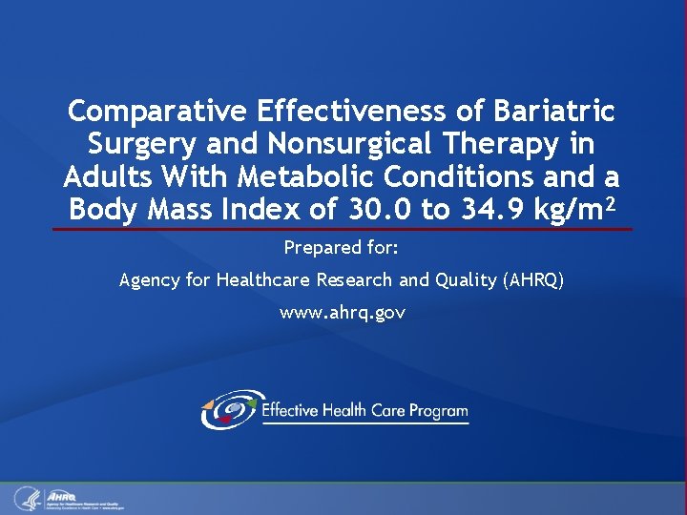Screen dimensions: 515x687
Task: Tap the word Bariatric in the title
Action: tap(554, 112)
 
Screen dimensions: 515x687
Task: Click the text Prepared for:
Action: tap(342, 248)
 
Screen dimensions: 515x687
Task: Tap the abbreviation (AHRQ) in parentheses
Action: tap(531, 279)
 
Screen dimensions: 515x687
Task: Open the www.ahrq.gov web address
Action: tap(342, 312)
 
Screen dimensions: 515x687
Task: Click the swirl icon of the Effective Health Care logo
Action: tap(228, 410)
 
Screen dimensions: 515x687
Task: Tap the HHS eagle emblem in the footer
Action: tap(26, 498)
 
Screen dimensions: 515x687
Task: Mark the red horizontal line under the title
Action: tap(342, 229)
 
